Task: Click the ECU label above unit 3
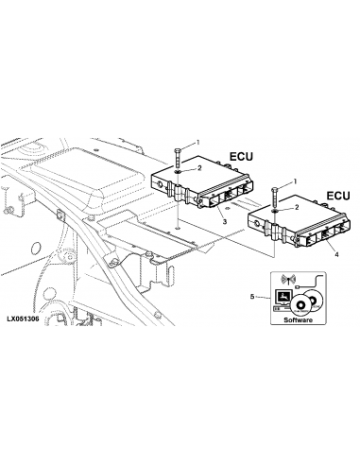pos(241,157)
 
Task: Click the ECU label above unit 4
pos(338,196)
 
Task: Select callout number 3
pos(225,222)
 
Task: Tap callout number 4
pos(336,254)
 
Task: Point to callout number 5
pos(252,297)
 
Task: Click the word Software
pos(299,320)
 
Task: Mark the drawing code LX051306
pos(23,319)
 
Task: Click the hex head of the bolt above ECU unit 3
pos(178,150)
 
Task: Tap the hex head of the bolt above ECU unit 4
pos(274,189)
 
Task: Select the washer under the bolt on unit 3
pos(178,171)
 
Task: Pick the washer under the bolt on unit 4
pos(274,210)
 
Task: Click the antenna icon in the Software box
pos(289,280)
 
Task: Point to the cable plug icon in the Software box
pos(298,287)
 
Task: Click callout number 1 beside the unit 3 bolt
pos(198,143)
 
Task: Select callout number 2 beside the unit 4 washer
pos(296,207)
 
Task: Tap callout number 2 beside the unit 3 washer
pos(199,168)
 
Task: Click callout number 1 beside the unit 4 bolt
pos(295,181)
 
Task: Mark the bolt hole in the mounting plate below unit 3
pos(178,228)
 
